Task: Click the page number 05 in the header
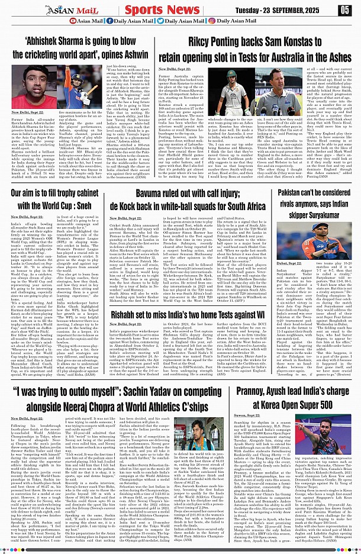point(345,10)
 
